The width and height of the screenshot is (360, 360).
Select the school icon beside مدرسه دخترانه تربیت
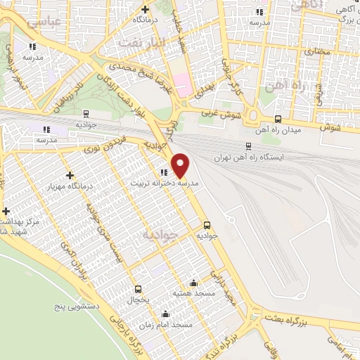[163, 172]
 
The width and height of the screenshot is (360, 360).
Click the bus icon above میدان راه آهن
[278, 120]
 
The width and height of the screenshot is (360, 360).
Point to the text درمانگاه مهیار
[70, 186]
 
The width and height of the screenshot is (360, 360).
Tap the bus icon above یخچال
[138, 288]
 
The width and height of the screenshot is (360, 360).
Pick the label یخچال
[139, 299]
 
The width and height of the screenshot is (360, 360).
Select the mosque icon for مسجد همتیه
[194, 283]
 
